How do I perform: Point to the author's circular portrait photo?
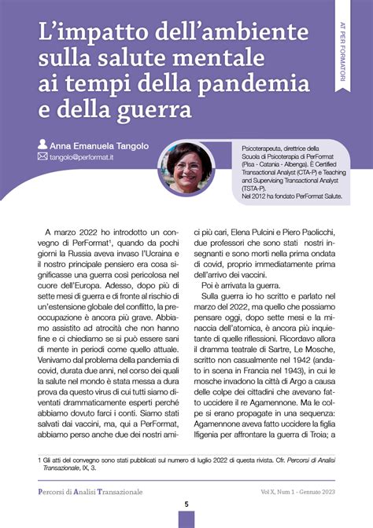point(186,168)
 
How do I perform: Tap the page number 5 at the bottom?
point(186,504)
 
